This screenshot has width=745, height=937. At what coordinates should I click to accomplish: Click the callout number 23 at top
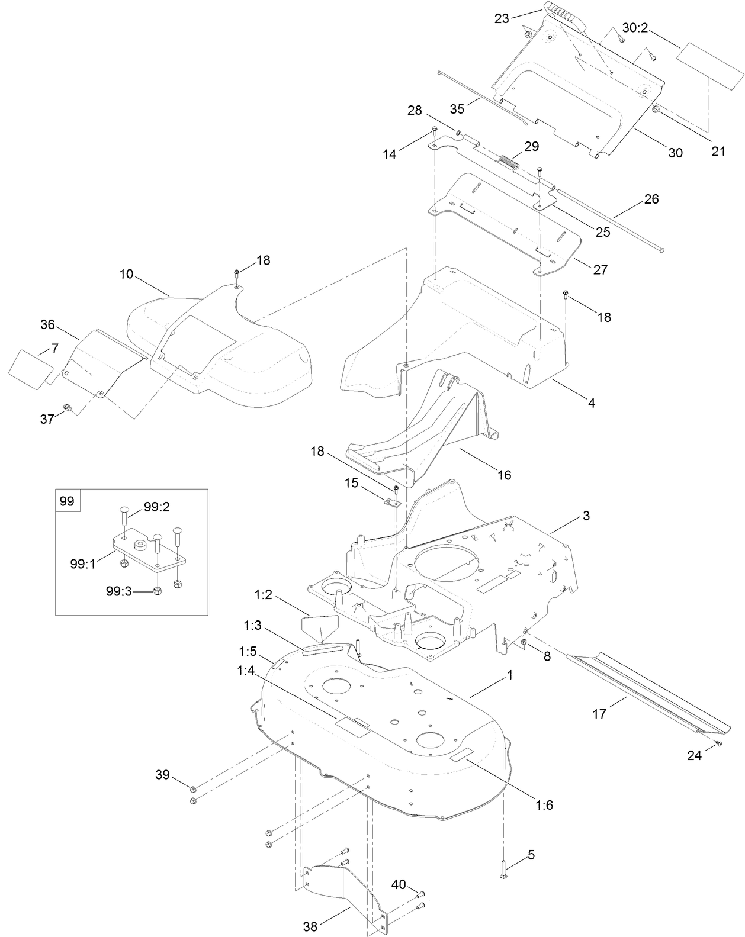502,19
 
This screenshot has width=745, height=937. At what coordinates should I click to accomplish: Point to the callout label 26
651,199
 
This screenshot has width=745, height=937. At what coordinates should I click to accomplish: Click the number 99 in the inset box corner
67,501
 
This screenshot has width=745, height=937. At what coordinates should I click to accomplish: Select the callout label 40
399,884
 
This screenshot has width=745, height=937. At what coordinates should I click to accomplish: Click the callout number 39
162,775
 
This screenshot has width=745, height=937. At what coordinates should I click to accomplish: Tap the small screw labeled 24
719,743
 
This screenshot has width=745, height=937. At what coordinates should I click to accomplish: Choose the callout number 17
599,714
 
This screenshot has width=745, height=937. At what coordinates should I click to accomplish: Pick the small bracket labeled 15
391,503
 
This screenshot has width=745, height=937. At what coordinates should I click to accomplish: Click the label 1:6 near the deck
544,805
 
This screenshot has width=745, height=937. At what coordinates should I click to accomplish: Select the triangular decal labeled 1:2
319,629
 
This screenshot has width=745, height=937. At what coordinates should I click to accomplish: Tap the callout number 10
126,275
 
